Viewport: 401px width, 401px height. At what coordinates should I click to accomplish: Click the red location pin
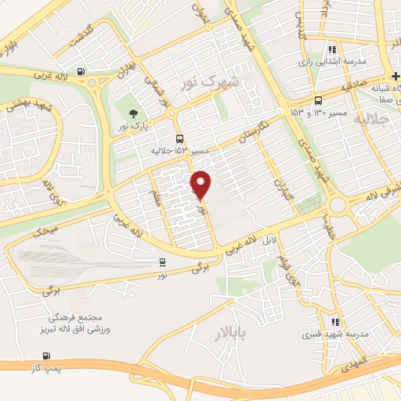click(202, 184)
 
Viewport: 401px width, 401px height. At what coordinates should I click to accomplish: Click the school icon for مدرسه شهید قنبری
click(334, 321)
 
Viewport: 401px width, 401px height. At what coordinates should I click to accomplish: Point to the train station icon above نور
click(162, 262)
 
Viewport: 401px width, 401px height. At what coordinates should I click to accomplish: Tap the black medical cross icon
click(396, 76)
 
